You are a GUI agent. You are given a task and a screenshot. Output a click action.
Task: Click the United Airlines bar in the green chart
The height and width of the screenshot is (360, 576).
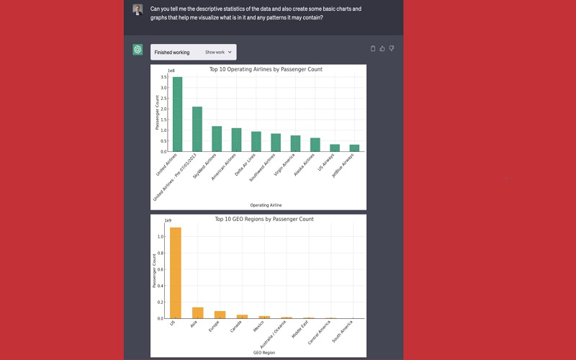[177, 115]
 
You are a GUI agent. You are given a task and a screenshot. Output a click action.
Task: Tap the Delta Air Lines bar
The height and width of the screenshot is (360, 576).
[256, 142]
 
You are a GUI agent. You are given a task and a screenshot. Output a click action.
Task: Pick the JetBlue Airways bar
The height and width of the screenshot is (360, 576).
[354, 148]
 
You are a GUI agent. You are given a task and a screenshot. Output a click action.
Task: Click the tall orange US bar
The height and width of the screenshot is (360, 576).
[175, 273]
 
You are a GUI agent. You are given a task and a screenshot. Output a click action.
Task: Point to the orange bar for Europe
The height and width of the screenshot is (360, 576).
[220, 315]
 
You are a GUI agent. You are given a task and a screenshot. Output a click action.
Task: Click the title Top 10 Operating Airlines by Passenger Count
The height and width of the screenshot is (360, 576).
[266, 70]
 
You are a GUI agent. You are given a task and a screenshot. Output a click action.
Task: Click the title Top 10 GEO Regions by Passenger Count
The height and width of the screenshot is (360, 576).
[264, 219]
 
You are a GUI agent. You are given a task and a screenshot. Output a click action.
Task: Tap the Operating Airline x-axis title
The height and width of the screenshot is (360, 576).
[266, 205]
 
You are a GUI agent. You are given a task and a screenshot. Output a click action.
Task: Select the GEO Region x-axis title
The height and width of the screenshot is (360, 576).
[265, 353]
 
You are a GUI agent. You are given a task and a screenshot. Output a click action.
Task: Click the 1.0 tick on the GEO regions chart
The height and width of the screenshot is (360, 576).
[162, 236]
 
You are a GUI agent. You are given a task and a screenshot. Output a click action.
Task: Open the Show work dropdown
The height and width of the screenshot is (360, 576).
[218, 53]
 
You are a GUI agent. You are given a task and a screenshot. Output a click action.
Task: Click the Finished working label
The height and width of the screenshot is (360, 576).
[172, 53]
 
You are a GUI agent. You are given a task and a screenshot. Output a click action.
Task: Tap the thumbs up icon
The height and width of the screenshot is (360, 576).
[382, 49]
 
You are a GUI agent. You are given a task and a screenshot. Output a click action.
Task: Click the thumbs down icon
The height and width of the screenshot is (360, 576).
[392, 49]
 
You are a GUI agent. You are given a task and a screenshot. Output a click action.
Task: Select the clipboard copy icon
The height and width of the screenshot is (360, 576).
[373, 49]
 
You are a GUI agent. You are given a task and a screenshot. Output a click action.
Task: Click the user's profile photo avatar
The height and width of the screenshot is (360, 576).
[138, 9]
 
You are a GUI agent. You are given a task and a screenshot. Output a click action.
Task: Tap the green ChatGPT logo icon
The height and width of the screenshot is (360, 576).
[138, 50]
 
